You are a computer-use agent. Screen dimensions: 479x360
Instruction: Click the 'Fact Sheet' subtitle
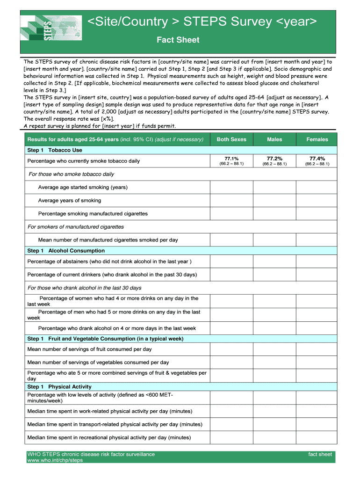pyautogui.click(x=178, y=40)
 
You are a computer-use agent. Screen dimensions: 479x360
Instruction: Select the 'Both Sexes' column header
pyautogui.click(x=231, y=139)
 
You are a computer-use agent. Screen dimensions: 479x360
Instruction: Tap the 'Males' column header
pyautogui.click(x=274, y=139)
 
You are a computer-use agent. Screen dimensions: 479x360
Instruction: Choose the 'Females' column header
pyautogui.click(x=317, y=139)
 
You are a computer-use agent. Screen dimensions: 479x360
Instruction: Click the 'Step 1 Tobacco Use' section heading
pyautogui.click(x=55, y=150)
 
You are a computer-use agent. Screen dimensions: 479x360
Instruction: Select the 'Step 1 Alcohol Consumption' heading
pyautogui.click(x=66, y=251)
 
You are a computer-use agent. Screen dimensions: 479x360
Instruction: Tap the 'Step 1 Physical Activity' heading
pyautogui.click(x=59, y=387)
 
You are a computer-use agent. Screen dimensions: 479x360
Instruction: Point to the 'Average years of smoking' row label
pyautogui.click(x=70, y=201)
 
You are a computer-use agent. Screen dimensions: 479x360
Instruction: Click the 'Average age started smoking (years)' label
pyautogui.click(x=83, y=188)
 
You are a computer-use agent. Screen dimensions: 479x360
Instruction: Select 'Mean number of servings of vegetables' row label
pyautogui.click(x=98, y=363)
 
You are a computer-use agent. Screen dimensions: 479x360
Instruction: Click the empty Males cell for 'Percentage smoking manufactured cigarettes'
pyautogui.click(x=274, y=214)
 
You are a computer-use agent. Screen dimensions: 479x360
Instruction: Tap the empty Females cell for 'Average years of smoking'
pyautogui.click(x=317, y=201)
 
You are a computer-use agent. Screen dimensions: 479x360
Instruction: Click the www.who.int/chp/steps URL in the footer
pyautogui.click(x=55, y=460)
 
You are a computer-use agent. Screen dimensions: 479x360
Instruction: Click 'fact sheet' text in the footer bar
pyautogui.click(x=320, y=454)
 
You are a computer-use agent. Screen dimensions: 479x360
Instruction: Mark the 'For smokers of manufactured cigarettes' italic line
pyautogui.click(x=76, y=227)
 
